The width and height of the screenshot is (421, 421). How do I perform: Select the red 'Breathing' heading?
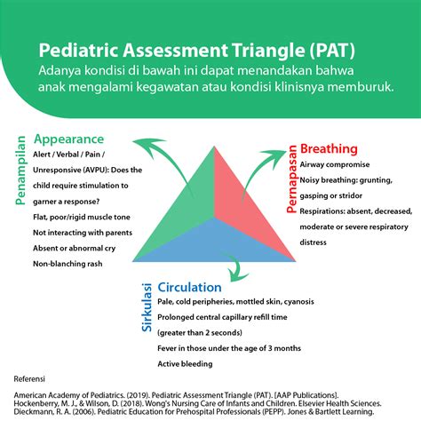329,148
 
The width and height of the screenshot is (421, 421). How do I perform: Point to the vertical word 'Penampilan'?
20,171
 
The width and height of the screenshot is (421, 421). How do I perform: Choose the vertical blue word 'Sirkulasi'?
147,309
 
